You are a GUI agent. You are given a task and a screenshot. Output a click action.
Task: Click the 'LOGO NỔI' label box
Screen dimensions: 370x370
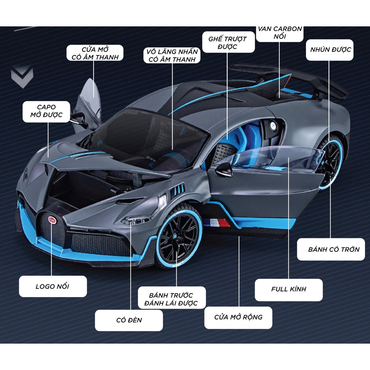coord(53,287)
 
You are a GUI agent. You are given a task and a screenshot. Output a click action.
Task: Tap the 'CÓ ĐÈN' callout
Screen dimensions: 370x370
coord(129,320)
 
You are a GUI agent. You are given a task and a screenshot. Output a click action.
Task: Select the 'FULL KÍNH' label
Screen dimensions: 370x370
coord(289,289)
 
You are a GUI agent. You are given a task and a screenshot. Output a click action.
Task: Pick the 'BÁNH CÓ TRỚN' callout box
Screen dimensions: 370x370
coord(331,249)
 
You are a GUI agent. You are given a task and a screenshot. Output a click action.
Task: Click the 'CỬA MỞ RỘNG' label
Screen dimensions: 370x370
coord(238,317)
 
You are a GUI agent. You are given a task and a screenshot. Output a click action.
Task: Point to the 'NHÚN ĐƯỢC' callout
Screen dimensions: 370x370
coord(330,50)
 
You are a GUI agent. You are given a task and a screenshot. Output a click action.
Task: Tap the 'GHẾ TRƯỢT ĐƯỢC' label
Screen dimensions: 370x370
coord(228,42)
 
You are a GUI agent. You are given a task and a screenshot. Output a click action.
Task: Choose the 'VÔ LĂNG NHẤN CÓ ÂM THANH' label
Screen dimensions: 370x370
coord(172,55)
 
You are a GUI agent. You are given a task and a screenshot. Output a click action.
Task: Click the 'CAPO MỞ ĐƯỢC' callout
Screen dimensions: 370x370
coord(47,112)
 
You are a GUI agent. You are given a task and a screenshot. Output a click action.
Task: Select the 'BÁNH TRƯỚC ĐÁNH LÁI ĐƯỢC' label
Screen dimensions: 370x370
coord(172,298)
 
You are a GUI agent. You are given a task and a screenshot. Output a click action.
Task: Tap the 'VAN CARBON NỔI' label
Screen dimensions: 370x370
coord(280,34)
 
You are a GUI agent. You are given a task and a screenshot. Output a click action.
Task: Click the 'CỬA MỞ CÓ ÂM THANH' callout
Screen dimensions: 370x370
coord(95,53)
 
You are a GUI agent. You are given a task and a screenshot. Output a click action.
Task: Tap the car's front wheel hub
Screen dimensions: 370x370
coord(176,237)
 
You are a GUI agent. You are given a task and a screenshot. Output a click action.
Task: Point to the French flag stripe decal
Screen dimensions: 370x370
coord(216,223)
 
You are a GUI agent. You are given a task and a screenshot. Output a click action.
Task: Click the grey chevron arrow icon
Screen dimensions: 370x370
coord(22,77)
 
